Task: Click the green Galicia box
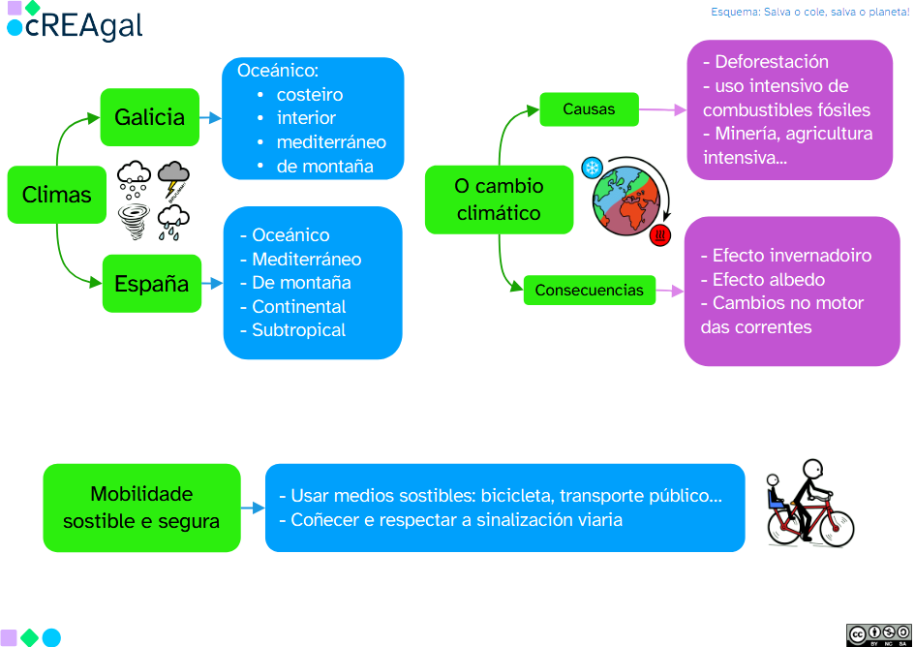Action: [149, 117]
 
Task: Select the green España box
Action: [152, 284]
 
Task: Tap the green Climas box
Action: [56, 195]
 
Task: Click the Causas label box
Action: [589, 109]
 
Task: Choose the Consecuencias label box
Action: [589, 290]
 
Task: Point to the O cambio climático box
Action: [499, 200]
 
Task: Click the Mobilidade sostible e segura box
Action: [141, 508]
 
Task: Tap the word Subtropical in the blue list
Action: [298, 330]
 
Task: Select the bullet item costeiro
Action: [309, 95]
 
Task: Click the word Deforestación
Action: [771, 62]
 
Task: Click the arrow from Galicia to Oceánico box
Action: [210, 118]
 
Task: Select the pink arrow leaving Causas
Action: [663, 109]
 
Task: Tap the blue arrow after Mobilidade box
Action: [253, 508]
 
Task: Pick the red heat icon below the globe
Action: [661, 234]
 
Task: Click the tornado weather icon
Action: [133, 220]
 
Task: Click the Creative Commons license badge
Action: [878, 634]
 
